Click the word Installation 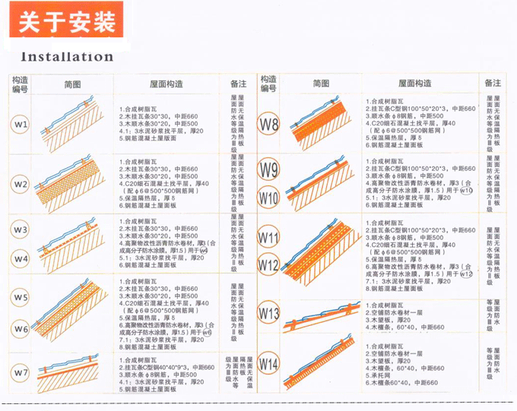coord(67,56)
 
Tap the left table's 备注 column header coord(238,84)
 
